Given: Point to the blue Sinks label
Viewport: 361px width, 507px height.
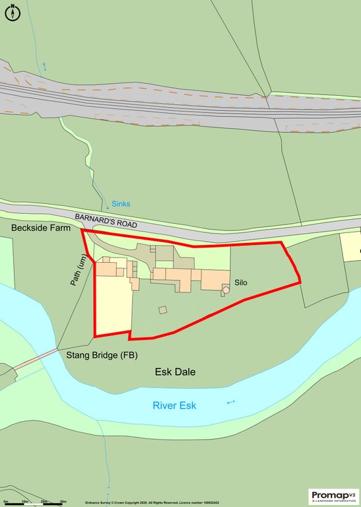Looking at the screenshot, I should [x=121, y=205].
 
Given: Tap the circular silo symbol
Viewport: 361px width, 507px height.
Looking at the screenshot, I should [x=226, y=289].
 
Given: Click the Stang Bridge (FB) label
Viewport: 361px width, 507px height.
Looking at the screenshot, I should [x=102, y=355].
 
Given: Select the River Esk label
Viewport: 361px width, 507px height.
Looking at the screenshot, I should [x=174, y=405].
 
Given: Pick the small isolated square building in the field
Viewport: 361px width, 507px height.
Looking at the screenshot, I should [x=163, y=310].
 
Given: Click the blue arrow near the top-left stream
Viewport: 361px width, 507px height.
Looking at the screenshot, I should [x=45, y=66].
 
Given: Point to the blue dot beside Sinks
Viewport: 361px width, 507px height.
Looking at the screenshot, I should [x=108, y=209].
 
